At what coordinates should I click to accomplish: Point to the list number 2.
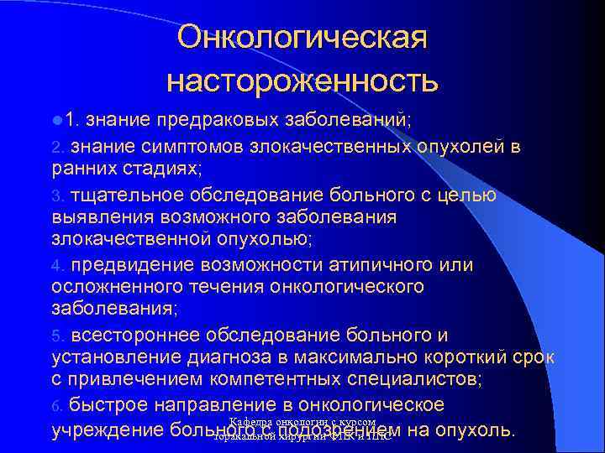pyautogui.click(x=56, y=148)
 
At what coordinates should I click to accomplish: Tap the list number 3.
pyautogui.click(x=56, y=196)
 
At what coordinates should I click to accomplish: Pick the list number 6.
pyautogui.click(x=56, y=407)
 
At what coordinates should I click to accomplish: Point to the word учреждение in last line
pyautogui.click(x=108, y=431)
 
